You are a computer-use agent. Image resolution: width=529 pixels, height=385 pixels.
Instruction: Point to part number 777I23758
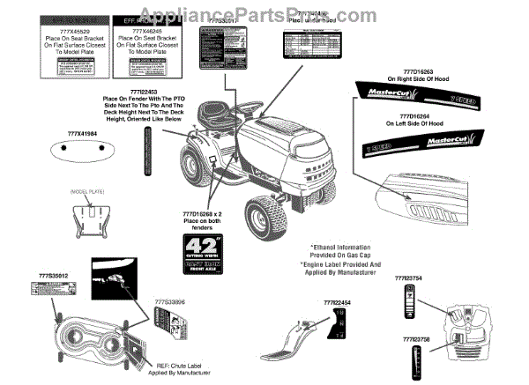point(419,338)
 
